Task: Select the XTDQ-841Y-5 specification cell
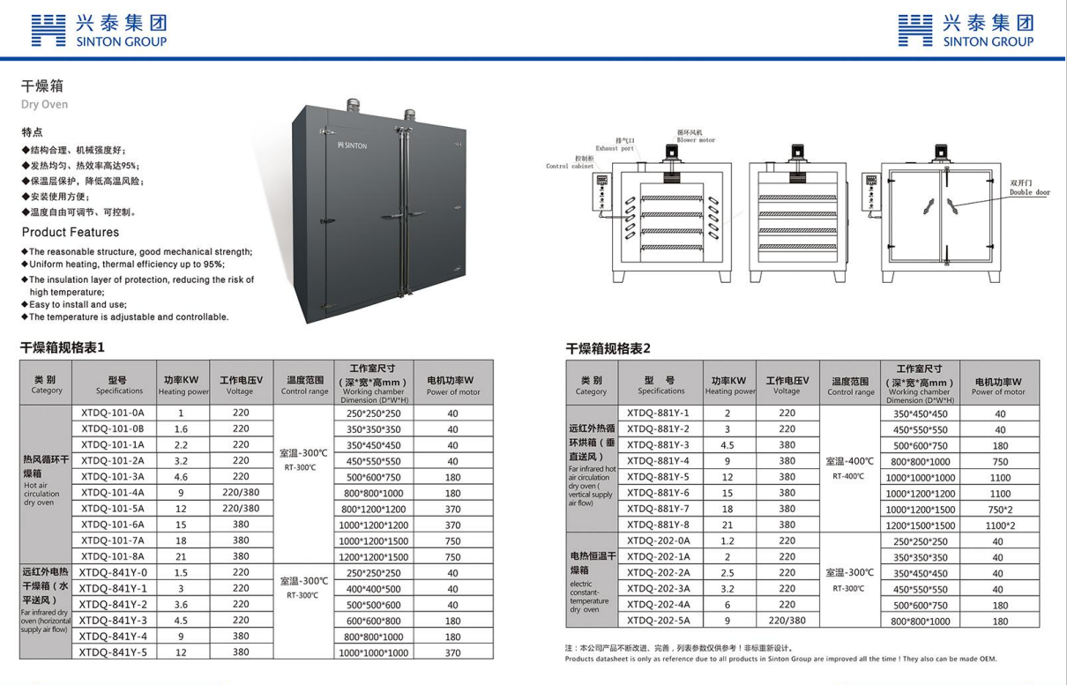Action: pos(113,652)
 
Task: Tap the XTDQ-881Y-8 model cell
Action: pos(658,525)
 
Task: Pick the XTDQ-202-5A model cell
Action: pos(658,621)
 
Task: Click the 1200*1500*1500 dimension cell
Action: pos(920,525)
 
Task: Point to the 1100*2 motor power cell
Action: pos(999,525)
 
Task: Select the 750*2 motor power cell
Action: pos(999,510)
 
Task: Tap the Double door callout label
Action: pos(1030,192)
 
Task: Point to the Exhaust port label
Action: pos(615,148)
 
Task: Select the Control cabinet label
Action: pos(570,166)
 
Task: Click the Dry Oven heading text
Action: pos(44,104)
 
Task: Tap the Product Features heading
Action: pos(70,233)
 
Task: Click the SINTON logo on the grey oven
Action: pos(352,145)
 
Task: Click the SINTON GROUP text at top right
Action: pos(988,41)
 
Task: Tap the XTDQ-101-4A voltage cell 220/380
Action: pos(239,493)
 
